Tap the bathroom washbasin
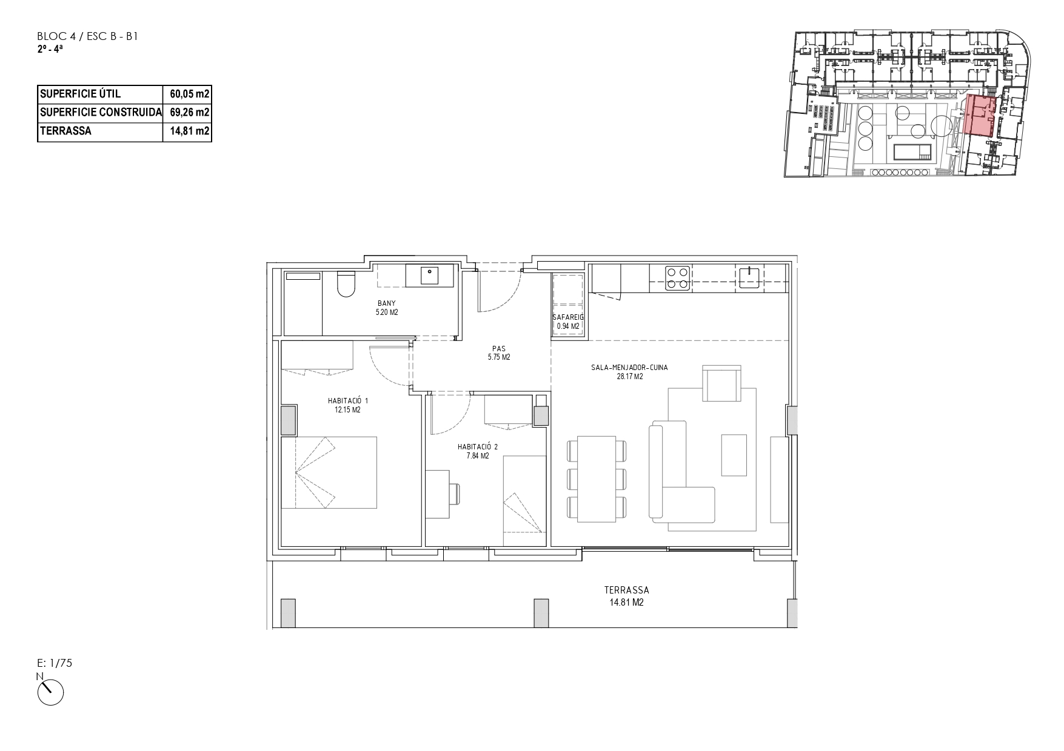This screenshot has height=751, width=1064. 430,276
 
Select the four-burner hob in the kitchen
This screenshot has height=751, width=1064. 677,277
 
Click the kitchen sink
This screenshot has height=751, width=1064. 750,277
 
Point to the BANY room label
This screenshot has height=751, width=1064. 387,303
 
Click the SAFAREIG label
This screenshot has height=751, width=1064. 568,317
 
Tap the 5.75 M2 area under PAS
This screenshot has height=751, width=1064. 499,357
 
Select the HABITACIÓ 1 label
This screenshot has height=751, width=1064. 348,401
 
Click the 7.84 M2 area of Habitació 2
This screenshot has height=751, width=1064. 478,456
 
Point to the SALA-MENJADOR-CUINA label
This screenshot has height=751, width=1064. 629,368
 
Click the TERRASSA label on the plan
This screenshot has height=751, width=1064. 627,590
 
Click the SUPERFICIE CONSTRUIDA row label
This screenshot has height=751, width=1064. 101,112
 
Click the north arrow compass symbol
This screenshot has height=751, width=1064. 51,692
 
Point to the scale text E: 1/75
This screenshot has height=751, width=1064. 55,663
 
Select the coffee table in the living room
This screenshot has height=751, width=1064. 734,455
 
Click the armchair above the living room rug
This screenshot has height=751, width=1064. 721,383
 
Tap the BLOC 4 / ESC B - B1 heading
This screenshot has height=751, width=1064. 89,37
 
